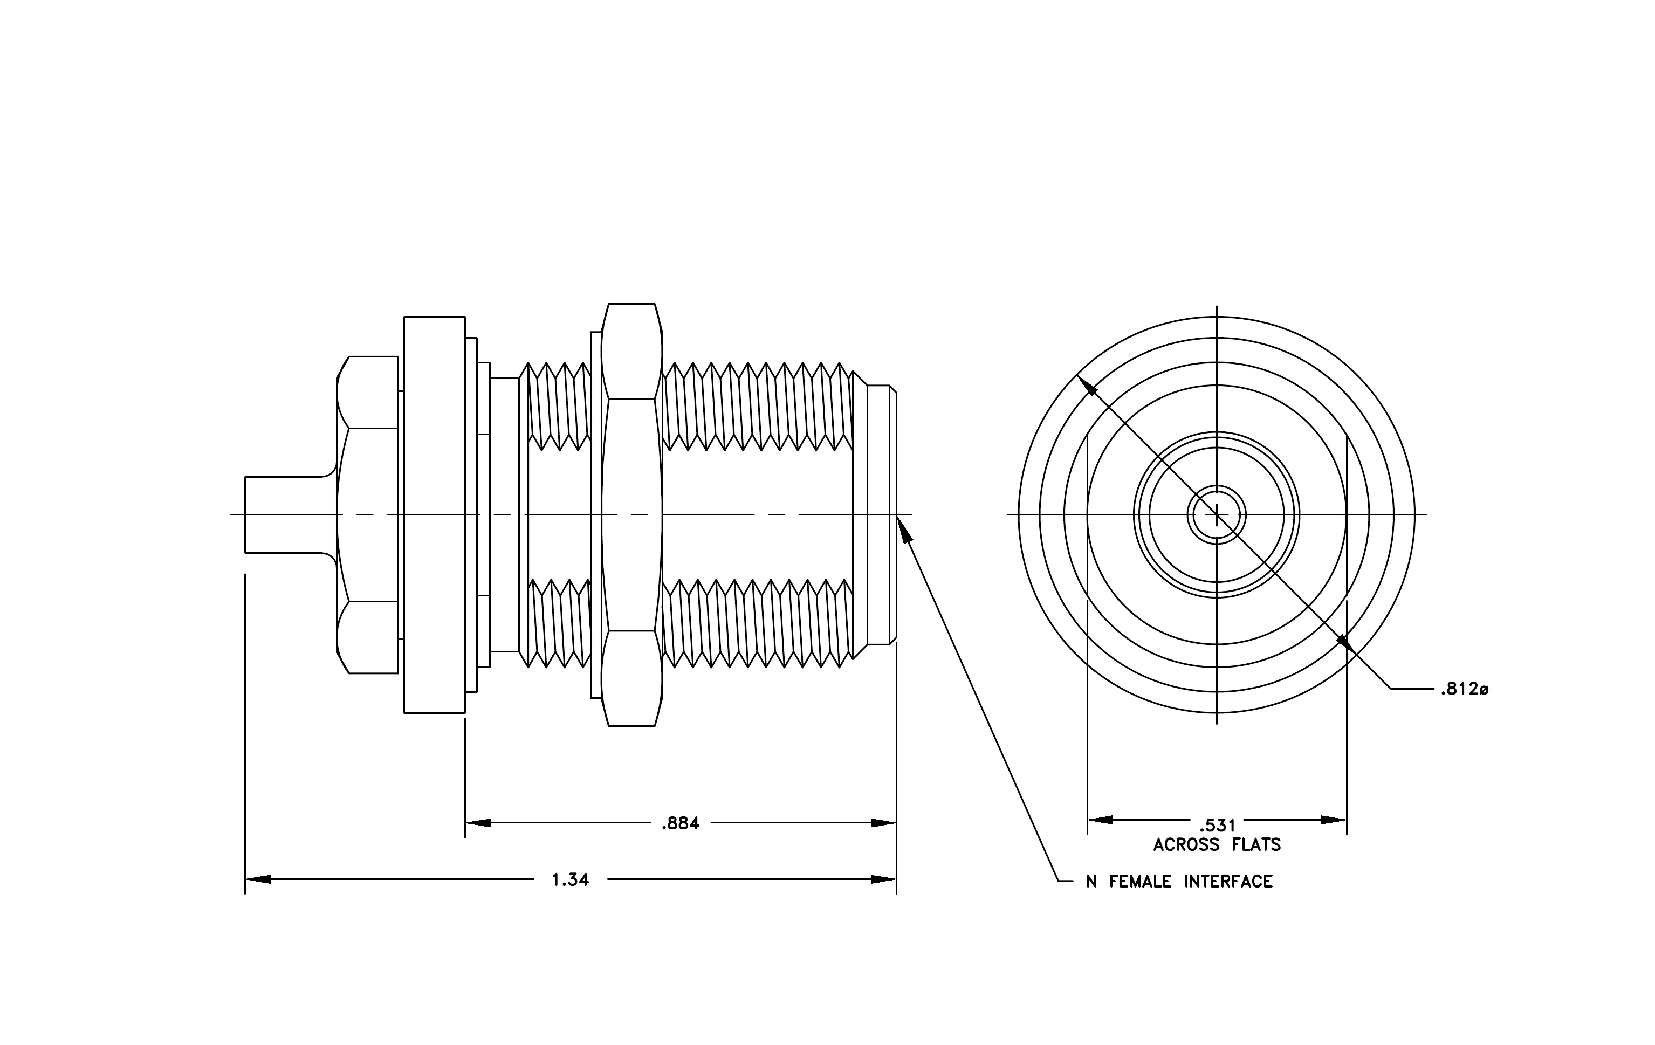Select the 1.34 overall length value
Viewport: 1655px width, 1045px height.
point(571,879)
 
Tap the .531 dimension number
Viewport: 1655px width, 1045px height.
point(1217,825)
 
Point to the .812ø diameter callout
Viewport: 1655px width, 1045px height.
point(1464,689)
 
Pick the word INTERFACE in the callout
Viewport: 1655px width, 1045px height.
point(1228,882)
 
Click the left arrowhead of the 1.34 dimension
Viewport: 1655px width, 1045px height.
point(258,879)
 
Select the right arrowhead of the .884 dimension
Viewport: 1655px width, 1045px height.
point(884,823)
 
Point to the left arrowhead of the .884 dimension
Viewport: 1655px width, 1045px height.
point(478,823)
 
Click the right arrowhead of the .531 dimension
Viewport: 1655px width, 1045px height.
point(1334,820)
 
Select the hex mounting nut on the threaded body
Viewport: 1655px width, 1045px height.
point(631,514)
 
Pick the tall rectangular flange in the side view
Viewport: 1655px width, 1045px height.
point(434,514)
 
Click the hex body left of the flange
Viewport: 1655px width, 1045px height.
point(368,514)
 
